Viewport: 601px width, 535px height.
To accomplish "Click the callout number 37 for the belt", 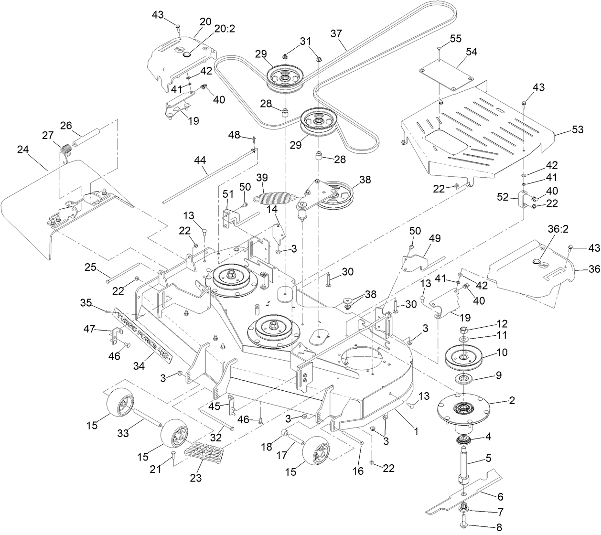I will coord(337,34).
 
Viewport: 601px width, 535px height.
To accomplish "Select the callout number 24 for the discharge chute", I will coord(23,150).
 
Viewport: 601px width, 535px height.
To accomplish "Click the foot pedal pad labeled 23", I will coord(201,452).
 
